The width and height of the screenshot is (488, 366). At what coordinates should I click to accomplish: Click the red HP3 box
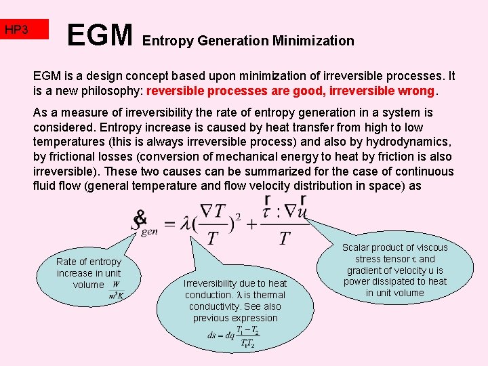pos(24,30)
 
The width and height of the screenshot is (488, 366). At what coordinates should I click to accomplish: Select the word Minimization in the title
pos(313,41)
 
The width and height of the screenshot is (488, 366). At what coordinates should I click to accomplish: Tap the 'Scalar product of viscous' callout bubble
pos(394,270)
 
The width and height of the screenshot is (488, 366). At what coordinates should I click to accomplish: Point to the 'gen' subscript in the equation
pos(149,230)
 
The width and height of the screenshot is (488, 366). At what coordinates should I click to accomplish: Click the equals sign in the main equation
pos(170,222)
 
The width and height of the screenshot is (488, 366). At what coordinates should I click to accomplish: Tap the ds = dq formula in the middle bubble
pos(235,335)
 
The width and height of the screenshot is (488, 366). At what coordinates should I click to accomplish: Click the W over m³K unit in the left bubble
pos(116,290)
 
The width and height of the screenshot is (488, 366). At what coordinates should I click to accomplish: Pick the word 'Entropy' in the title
pos(168,41)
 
